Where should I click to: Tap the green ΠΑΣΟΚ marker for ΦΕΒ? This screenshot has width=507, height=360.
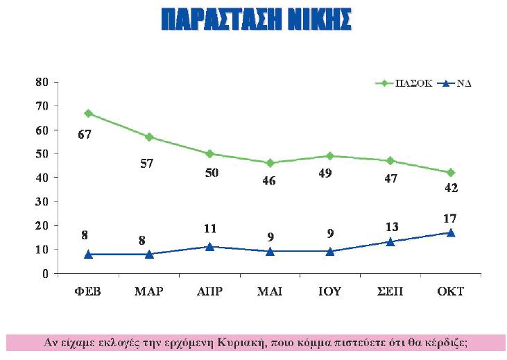(89, 113)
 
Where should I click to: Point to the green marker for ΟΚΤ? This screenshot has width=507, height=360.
(451, 172)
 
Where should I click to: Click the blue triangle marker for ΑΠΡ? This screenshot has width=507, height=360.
(209, 246)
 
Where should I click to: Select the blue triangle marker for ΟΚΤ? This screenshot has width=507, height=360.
(451, 232)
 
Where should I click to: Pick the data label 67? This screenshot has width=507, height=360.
(85, 134)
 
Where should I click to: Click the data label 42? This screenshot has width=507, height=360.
(452, 188)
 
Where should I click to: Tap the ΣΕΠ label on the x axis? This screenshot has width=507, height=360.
(390, 291)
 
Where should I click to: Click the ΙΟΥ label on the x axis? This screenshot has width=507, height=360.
(330, 291)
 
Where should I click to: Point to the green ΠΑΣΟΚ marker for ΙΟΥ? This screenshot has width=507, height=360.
(330, 156)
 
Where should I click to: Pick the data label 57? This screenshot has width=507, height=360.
(146, 163)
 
